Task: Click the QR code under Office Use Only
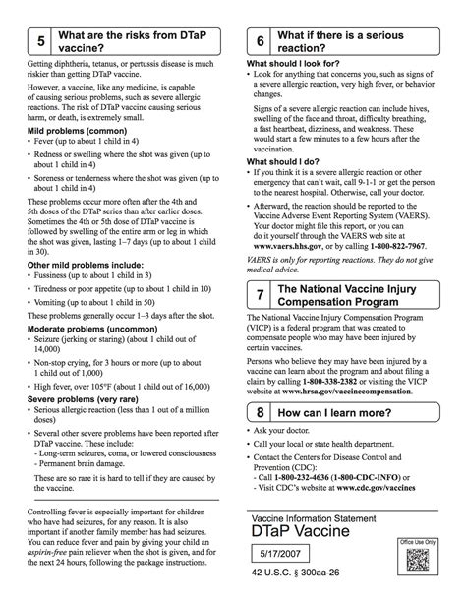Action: point(425,558)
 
